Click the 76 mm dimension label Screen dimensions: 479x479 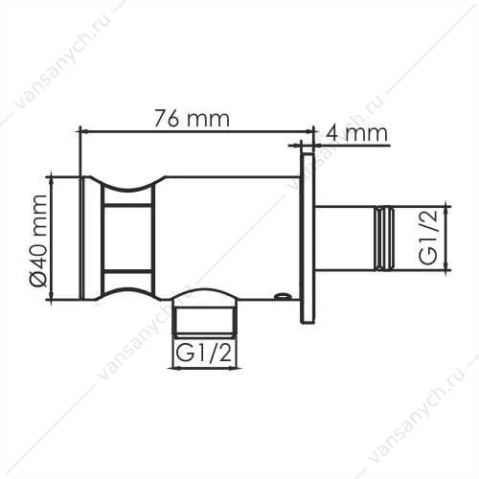(x=192, y=119)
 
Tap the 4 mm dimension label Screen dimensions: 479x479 (x=356, y=133)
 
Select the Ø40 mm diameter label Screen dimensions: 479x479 (x=39, y=240)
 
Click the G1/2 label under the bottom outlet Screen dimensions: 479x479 (x=203, y=354)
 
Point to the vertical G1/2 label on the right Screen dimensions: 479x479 (x=428, y=239)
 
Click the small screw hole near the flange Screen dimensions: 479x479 (x=282, y=296)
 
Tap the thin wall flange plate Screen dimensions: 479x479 (x=308, y=239)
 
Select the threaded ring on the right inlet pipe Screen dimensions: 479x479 (x=384, y=239)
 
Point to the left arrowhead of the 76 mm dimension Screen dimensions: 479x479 (x=82, y=130)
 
